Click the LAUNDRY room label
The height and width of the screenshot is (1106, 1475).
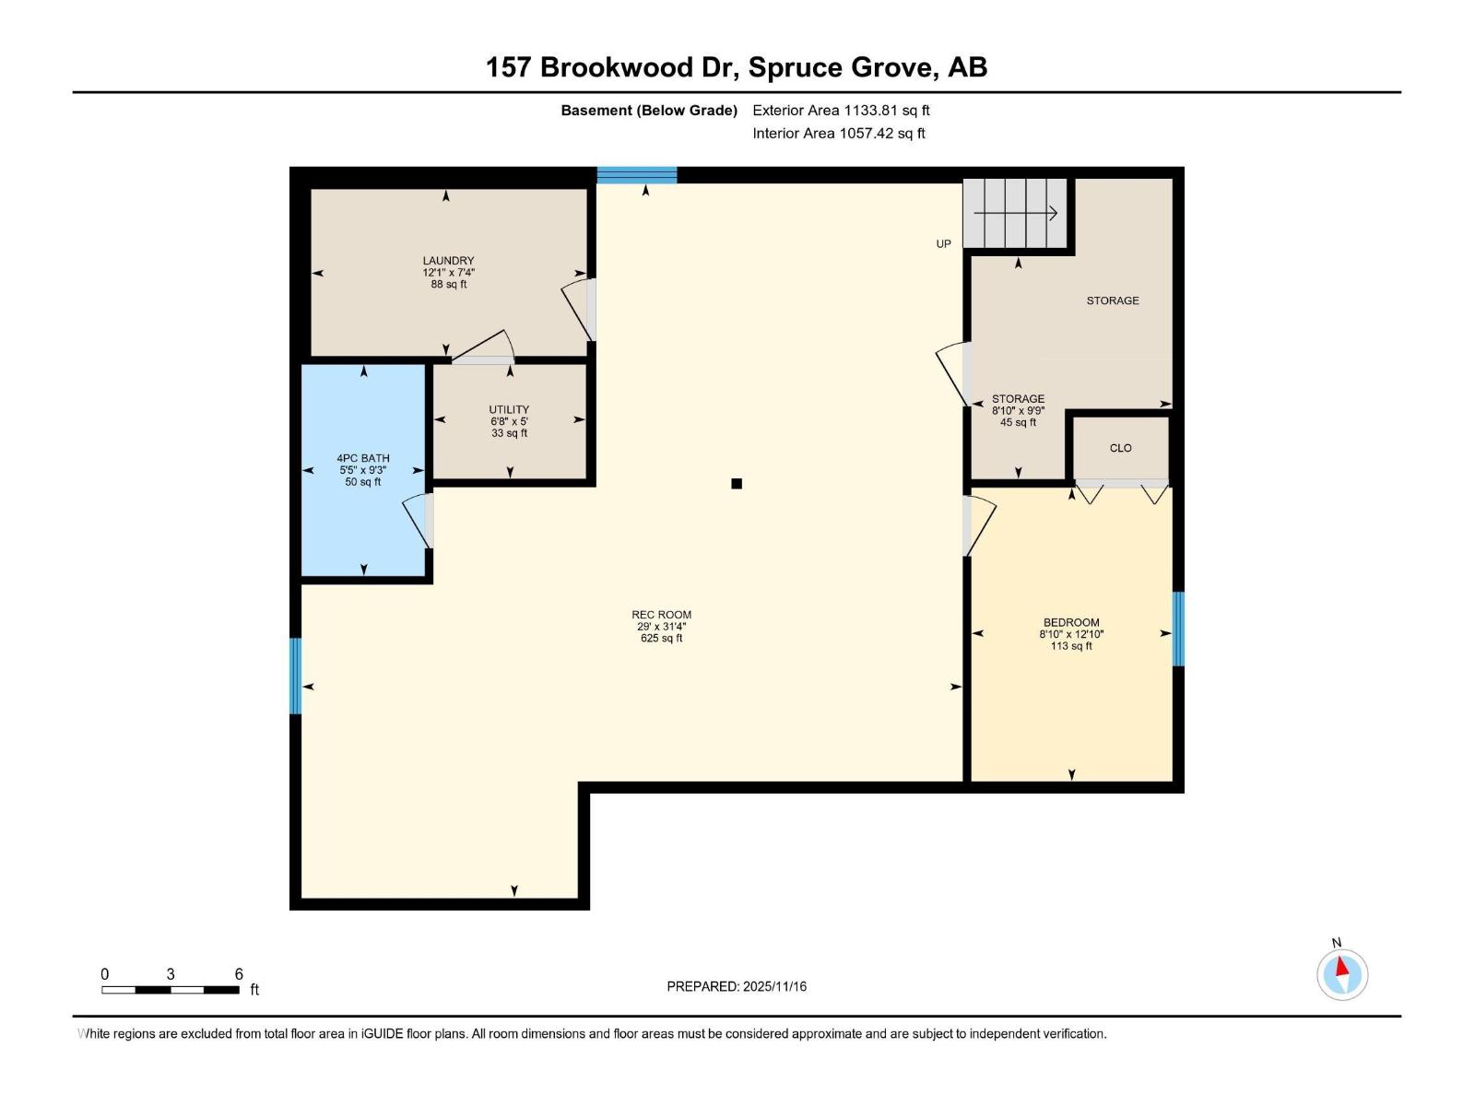click(x=448, y=261)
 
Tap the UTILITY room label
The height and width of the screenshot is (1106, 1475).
click(x=509, y=410)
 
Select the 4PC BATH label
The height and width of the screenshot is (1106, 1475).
click(x=363, y=458)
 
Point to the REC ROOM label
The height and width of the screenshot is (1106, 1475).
click(x=661, y=615)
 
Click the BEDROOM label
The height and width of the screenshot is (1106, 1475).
click(x=1071, y=623)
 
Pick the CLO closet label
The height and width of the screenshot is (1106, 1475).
click(x=1120, y=448)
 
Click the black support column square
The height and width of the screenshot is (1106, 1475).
click(x=737, y=484)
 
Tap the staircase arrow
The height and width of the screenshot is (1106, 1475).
click(x=1015, y=214)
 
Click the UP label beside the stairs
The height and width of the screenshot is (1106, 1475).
click(x=943, y=244)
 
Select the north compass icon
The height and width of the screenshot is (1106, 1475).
click(x=1342, y=974)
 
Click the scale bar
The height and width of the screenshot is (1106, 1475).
click(x=171, y=990)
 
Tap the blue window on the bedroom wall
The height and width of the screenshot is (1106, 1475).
click(x=1178, y=629)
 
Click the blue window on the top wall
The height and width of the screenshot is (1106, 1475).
click(x=637, y=175)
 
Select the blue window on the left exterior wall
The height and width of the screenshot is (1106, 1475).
click(x=296, y=676)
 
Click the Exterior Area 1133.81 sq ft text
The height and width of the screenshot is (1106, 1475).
click(x=841, y=111)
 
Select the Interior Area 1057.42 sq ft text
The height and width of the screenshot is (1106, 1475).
click(x=838, y=134)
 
